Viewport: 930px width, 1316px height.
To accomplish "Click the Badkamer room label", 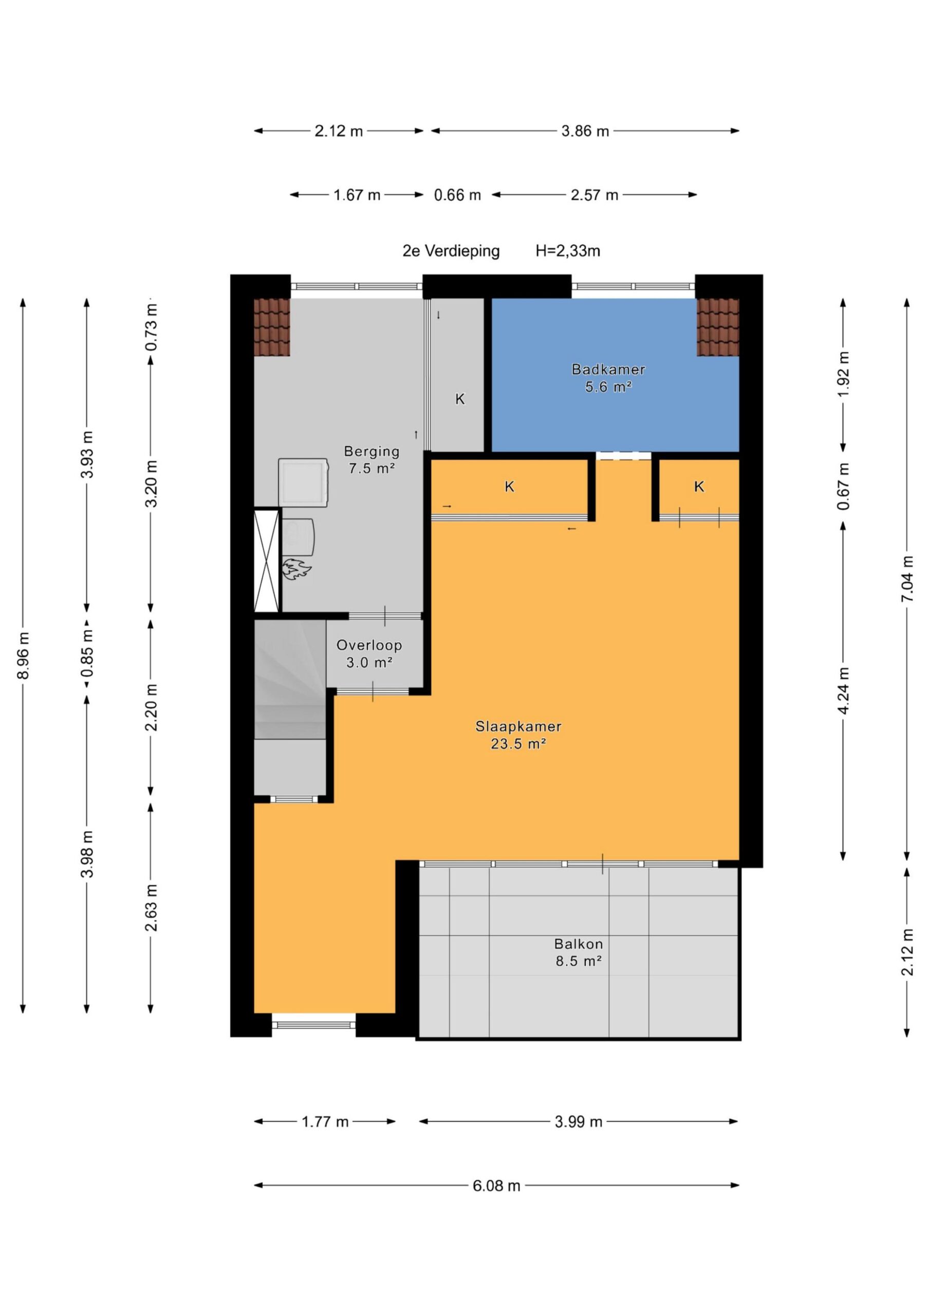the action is [608, 378].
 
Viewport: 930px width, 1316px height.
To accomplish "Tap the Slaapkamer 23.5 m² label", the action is [518, 735].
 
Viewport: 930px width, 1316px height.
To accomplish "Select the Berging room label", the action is [371, 460].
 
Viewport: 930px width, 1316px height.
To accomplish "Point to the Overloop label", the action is [369, 654].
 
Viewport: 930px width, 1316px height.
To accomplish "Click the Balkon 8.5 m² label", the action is [578, 952].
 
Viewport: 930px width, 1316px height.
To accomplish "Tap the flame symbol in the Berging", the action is [296, 569].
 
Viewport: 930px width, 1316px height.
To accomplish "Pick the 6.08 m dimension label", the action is [496, 1186].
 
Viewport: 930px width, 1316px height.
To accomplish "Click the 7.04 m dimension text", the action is [906, 579].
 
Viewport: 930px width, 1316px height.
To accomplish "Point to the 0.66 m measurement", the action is [457, 195].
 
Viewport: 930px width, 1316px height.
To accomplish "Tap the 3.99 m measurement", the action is [578, 1122].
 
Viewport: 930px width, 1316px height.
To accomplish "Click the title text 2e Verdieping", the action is [451, 251].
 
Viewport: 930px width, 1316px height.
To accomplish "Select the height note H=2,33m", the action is [568, 251].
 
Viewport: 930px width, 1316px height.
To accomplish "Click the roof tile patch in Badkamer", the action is [717, 327].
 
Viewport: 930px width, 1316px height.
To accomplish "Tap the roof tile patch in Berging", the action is [272, 327].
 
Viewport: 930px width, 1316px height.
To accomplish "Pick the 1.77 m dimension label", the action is [325, 1122].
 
